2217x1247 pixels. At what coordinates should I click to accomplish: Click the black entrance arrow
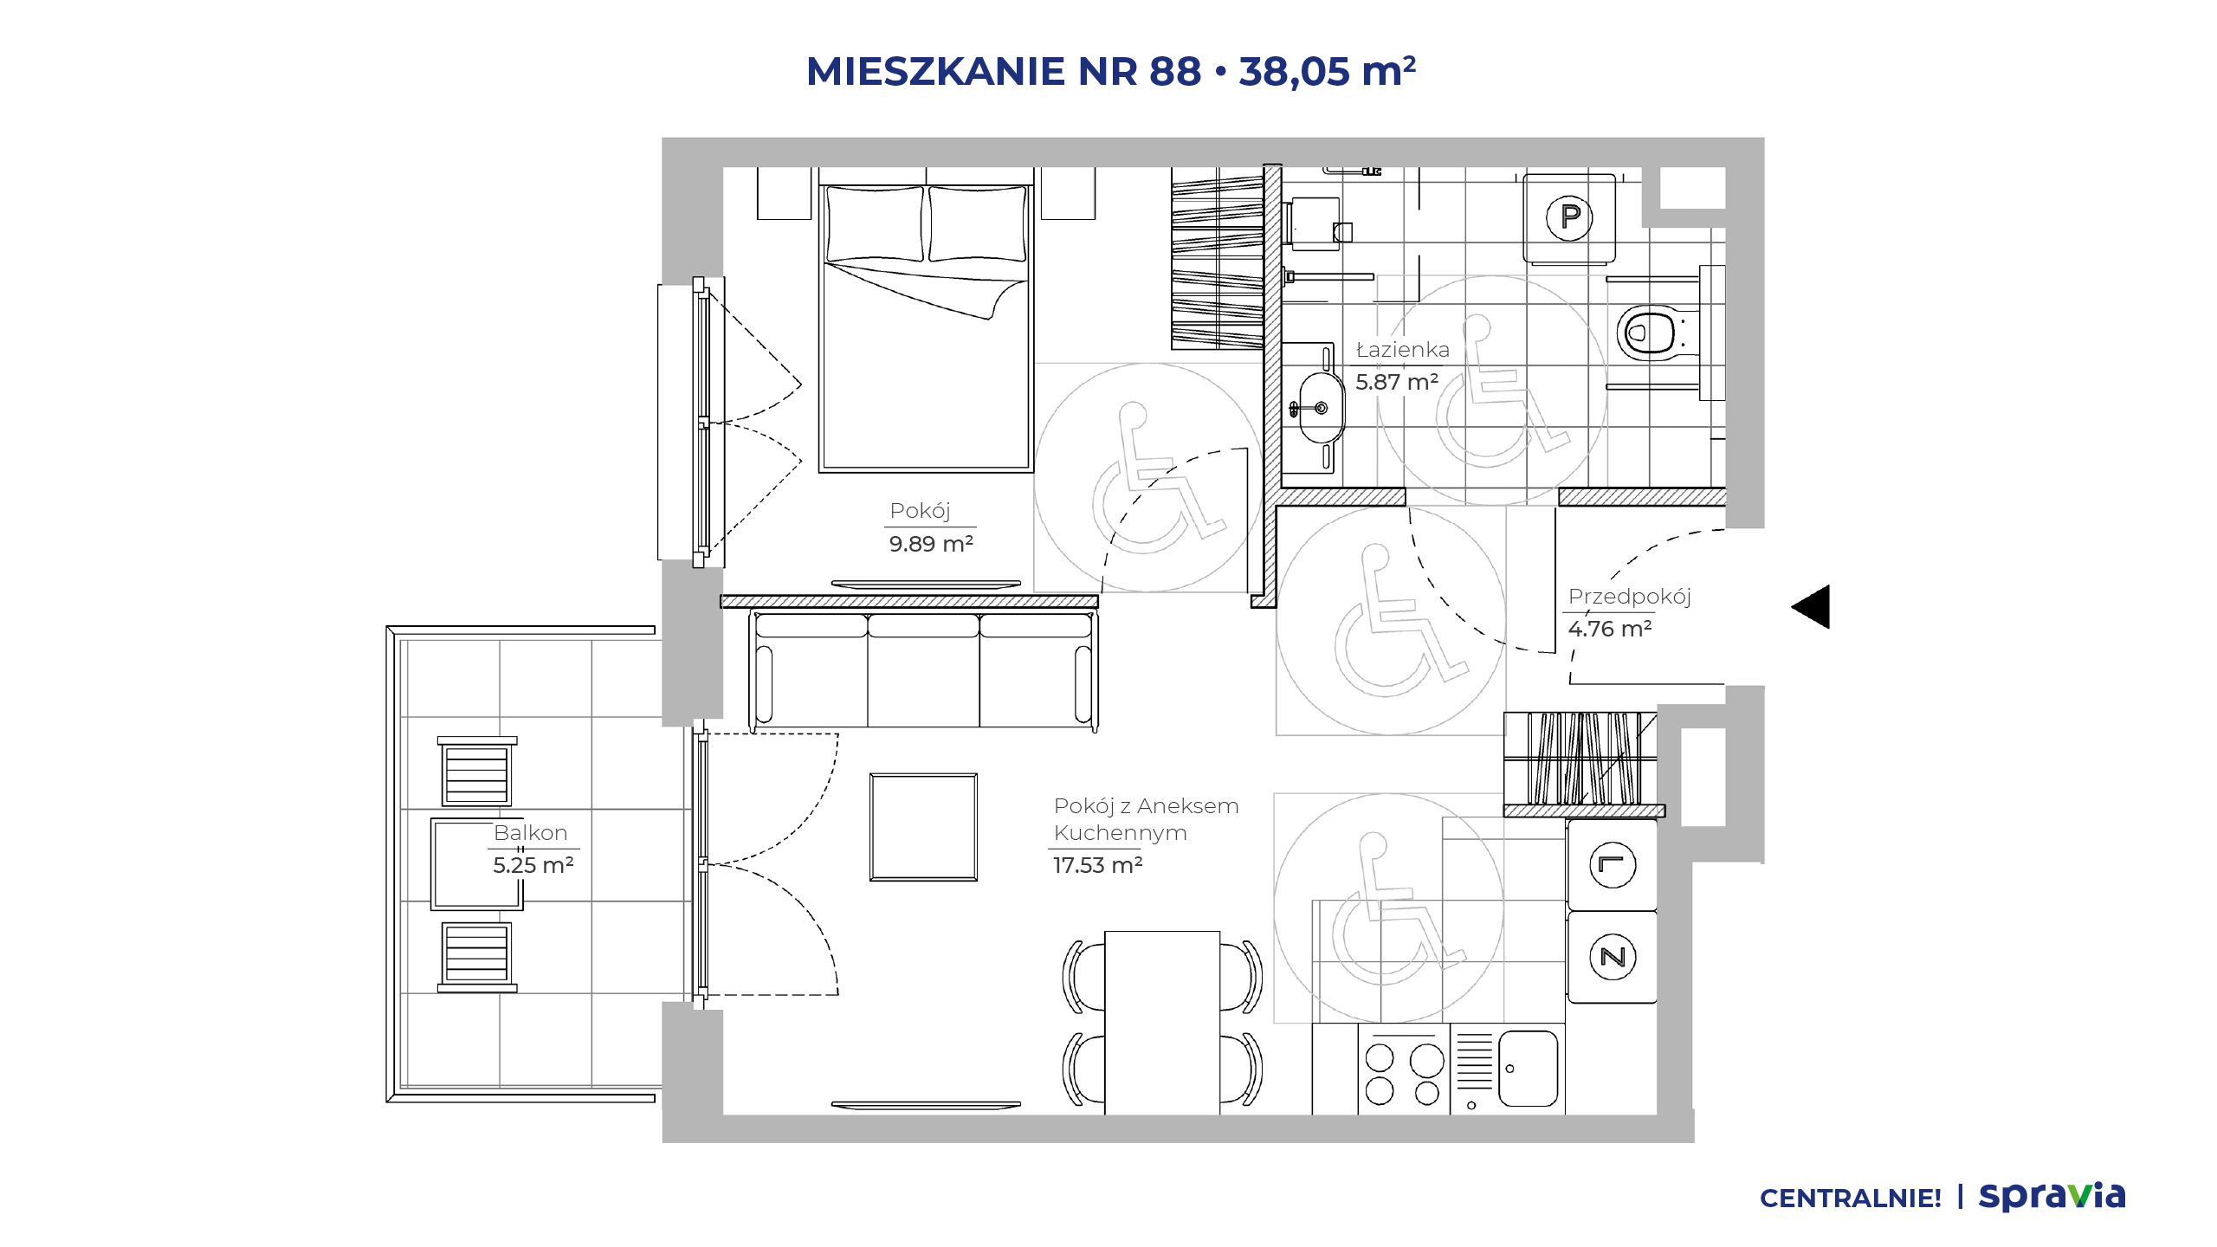(x=1811, y=606)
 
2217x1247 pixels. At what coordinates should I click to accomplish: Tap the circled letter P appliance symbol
(x=1569, y=216)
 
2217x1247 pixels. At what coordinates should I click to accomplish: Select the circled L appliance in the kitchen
(x=1613, y=864)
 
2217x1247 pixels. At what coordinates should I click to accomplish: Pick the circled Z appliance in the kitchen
(x=1613, y=957)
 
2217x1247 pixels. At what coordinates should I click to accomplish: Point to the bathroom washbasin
(x=1321, y=407)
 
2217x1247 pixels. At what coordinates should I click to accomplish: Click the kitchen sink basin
(x=1528, y=1069)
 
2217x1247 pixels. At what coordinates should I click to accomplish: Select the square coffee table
(x=924, y=827)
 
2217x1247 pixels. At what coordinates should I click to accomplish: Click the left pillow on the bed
(x=875, y=223)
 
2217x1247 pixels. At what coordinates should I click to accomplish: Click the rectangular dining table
(x=1162, y=1023)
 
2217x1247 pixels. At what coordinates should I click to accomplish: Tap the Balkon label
(x=530, y=833)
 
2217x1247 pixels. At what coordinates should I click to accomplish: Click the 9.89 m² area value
(x=931, y=544)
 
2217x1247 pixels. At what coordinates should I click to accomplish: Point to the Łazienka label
(x=1402, y=350)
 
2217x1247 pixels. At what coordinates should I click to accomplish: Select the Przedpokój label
(x=1629, y=597)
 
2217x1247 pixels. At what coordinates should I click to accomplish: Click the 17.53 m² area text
(x=1098, y=865)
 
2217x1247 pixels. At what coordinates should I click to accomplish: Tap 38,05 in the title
(x=1294, y=71)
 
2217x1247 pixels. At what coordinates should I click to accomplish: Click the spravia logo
(x=2052, y=1196)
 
